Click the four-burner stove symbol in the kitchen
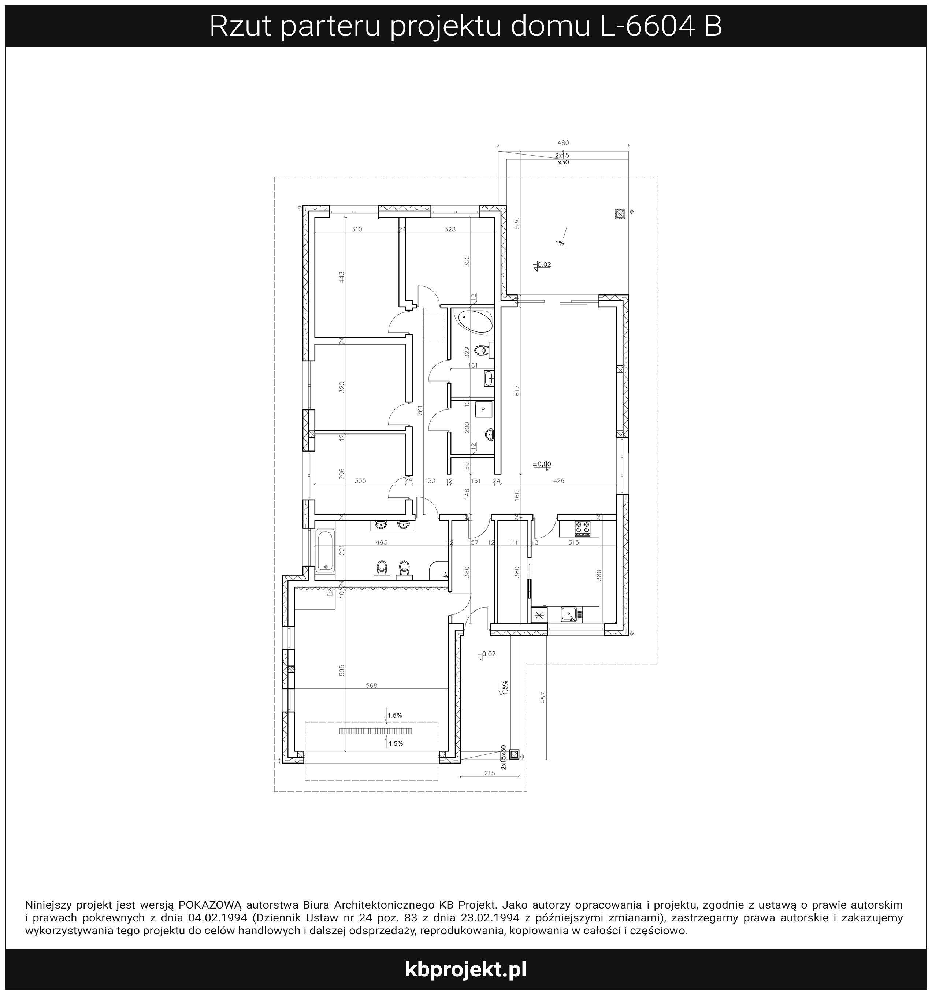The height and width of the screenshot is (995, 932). pos(582,528)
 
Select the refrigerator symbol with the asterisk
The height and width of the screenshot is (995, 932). pos(539,615)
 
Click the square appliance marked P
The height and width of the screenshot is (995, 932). pos(483,410)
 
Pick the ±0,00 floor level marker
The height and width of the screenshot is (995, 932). pos(542,464)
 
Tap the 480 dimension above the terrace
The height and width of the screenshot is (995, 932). pos(563,143)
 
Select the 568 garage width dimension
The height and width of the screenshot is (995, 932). pos(371,685)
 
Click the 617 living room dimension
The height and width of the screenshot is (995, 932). pos(517,390)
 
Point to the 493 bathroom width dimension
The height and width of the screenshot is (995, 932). pos(382,542)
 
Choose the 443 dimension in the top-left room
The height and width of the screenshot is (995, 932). pos(342,277)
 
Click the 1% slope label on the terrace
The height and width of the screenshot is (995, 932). pos(560,243)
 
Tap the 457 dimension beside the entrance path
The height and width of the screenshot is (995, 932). pos(543,698)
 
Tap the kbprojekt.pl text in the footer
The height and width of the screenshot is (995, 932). pos(465,969)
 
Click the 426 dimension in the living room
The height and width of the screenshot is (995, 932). pos(558,480)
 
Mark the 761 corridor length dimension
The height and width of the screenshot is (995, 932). pos(420,411)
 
